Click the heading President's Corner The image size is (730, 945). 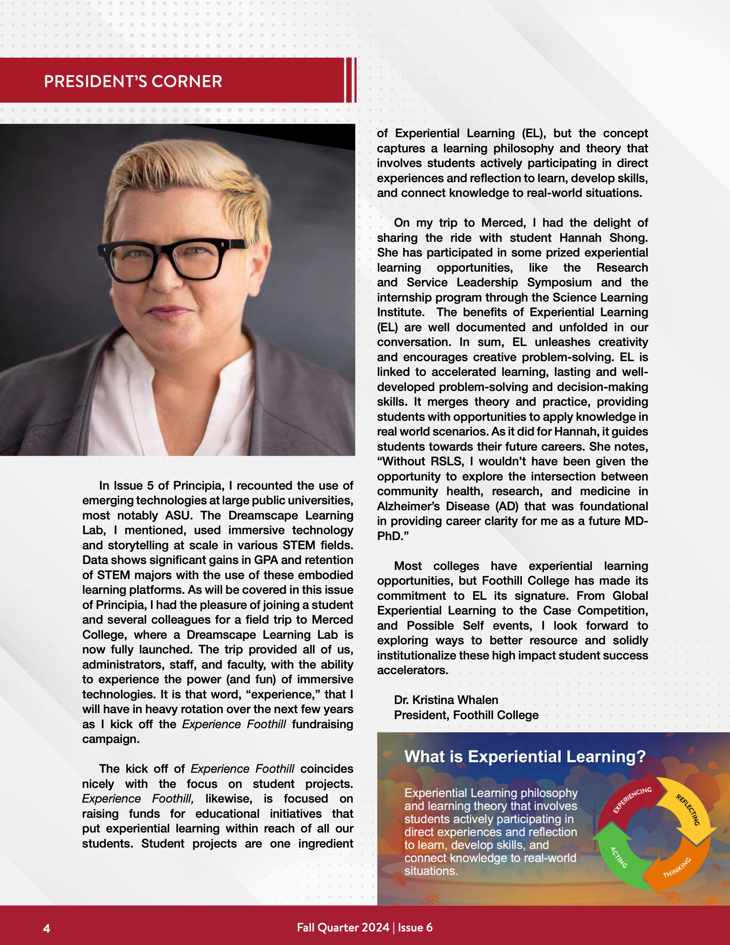[x=133, y=82]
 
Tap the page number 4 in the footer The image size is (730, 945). [x=47, y=928]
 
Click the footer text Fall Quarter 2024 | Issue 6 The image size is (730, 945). [x=365, y=927]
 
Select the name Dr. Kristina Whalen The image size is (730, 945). [x=446, y=700]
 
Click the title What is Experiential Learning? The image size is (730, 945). [x=524, y=756]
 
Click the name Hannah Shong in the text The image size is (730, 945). [x=603, y=237]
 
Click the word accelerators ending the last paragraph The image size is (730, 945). [x=412, y=670]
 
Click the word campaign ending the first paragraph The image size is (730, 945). [x=111, y=739]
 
